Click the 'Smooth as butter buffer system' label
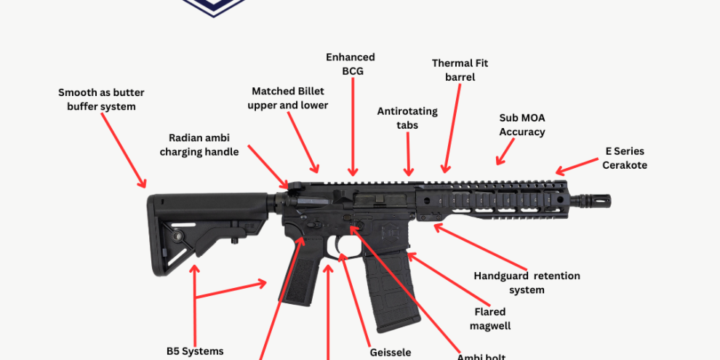click(x=101, y=100)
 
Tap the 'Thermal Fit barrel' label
click(x=460, y=70)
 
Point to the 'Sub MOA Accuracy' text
click(x=521, y=124)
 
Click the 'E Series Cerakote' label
click(x=624, y=158)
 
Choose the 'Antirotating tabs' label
click(x=407, y=118)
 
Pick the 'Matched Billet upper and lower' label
click(x=288, y=98)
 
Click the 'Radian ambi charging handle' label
click(x=199, y=145)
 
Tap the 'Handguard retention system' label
click(x=527, y=283)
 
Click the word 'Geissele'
click(x=390, y=352)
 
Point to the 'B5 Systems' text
click(x=195, y=351)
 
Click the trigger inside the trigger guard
click(x=339, y=247)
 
